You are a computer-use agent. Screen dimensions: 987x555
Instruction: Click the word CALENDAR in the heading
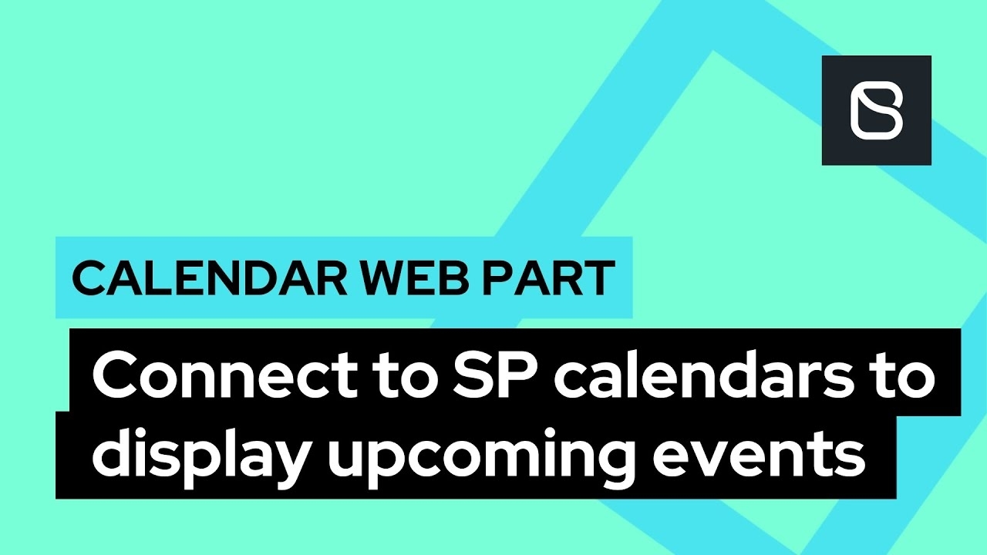209,278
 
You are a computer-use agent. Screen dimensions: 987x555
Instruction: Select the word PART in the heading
549,278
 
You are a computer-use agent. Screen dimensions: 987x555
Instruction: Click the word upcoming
480,459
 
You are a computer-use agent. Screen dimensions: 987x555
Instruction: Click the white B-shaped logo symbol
877,110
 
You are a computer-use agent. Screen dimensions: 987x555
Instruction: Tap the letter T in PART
598,278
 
